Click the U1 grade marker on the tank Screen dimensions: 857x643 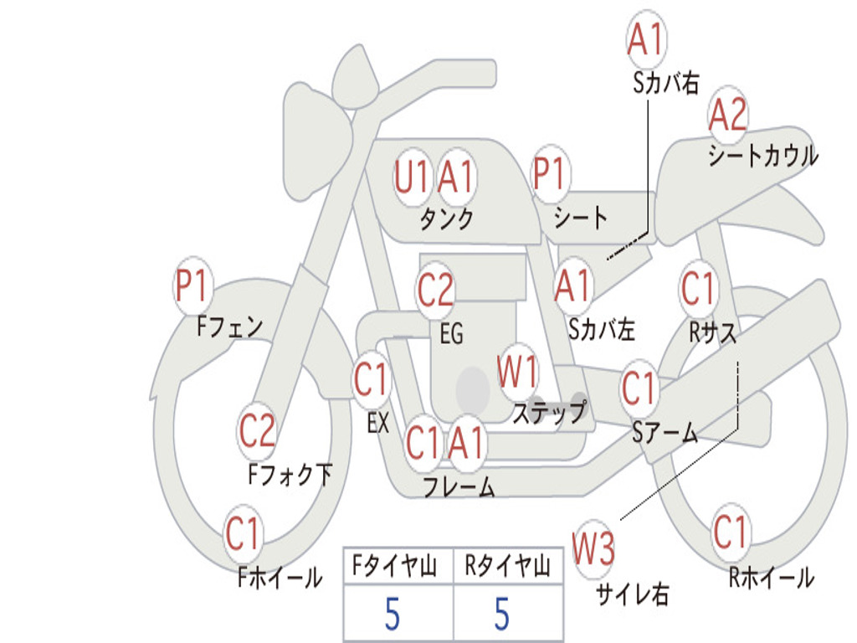tap(412, 177)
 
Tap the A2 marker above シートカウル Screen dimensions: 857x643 tap(727, 116)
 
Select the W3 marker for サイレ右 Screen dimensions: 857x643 tap(593, 549)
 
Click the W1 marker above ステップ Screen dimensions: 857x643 tap(518, 373)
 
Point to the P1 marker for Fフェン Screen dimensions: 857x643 tap(192, 287)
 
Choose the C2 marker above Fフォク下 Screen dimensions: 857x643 tap(257, 431)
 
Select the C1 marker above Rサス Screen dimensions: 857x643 tap(699, 289)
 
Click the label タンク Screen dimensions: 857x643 tap(446, 219)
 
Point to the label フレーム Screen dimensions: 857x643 tap(459, 486)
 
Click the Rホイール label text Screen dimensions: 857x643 tap(771, 577)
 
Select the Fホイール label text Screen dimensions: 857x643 tap(280, 577)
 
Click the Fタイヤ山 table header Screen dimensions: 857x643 tap(398, 567)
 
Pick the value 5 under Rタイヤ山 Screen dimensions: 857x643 tap(502, 615)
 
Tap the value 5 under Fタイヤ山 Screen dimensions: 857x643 tap(392, 615)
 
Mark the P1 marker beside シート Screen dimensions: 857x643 tap(549, 176)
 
